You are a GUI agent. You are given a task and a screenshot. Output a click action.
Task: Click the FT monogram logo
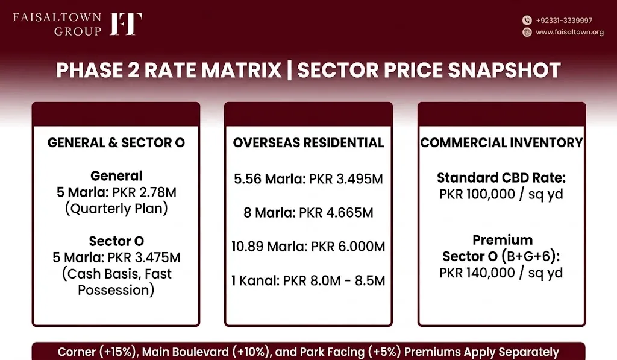click(126, 24)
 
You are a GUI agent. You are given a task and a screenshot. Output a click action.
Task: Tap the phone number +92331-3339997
click(564, 21)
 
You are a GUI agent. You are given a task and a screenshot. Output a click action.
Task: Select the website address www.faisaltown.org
click(569, 33)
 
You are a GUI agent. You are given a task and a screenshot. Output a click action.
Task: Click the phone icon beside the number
click(527, 21)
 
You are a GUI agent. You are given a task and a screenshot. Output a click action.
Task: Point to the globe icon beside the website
click(527, 33)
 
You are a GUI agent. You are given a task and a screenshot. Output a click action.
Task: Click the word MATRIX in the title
click(242, 70)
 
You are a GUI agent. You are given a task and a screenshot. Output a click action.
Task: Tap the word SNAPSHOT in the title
click(504, 70)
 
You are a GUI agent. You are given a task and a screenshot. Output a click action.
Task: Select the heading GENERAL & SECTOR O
click(116, 142)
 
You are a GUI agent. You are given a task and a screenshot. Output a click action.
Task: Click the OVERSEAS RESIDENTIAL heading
click(308, 142)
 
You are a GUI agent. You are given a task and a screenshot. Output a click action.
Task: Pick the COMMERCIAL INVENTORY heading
click(501, 142)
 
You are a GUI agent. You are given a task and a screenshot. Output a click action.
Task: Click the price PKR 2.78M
click(145, 192)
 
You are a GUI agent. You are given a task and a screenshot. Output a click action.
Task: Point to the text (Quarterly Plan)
click(116, 209)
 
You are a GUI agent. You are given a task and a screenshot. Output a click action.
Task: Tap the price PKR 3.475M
click(144, 257)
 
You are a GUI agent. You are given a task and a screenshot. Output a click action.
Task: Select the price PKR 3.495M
click(346, 179)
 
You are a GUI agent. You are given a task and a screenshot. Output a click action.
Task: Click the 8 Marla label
click(269, 213)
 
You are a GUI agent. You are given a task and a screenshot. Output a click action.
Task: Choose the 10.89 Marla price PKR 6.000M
click(348, 247)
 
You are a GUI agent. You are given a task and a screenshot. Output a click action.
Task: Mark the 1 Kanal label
click(255, 281)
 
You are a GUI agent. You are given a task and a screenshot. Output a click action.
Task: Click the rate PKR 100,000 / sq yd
click(501, 195)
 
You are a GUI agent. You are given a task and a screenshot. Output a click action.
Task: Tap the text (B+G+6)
click(530, 257)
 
